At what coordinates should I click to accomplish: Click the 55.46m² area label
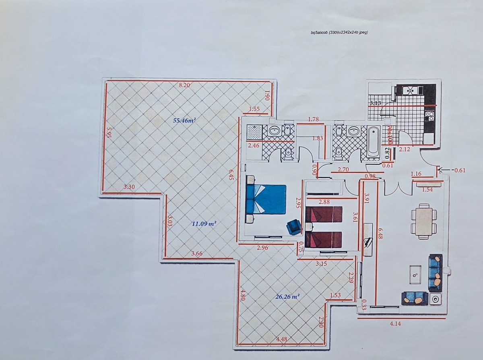click(x=184, y=120)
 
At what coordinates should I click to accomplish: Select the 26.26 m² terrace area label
click(x=287, y=296)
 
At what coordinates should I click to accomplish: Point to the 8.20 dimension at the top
click(x=184, y=85)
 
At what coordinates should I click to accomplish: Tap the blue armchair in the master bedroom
click(x=294, y=227)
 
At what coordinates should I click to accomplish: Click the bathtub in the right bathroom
click(x=373, y=143)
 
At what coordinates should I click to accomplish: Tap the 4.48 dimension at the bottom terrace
click(x=282, y=339)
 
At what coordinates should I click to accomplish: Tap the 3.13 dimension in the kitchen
click(x=376, y=103)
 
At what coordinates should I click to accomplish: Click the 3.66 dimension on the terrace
click(x=197, y=253)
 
